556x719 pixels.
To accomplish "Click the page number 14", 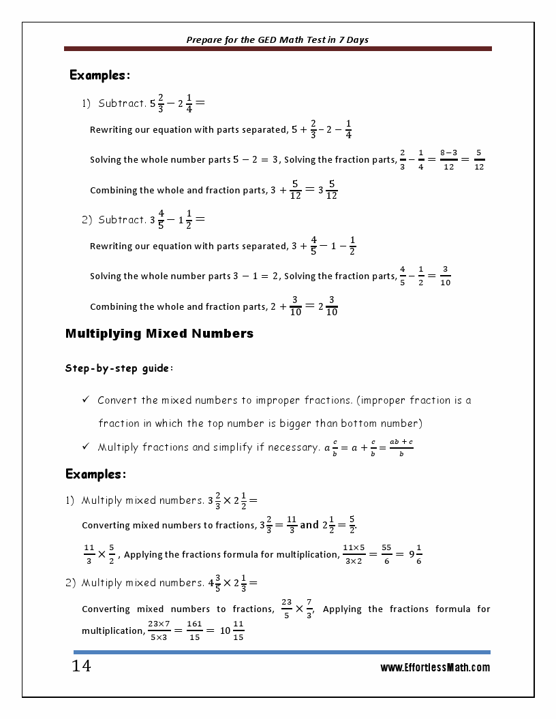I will coord(81,667).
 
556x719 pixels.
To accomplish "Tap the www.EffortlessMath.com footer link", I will coord(435,668).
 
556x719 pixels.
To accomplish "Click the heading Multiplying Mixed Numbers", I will coord(159,334).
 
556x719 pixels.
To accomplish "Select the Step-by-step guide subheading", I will coord(119,368).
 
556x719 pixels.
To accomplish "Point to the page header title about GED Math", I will coord(277,39).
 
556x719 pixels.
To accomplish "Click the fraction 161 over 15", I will coord(194,631).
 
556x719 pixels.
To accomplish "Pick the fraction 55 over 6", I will coord(386,554).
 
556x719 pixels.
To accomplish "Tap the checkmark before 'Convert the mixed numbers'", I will coord(86,400).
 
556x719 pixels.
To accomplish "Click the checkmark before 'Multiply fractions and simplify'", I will coord(86,447).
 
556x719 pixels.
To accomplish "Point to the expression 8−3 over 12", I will coord(448,160).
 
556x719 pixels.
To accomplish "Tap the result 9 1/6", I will coord(414,554).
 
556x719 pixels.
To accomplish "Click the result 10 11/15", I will coord(232,631).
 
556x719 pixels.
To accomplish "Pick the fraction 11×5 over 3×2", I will coord(354,554).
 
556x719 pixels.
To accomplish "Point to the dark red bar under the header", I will coord(278,49).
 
